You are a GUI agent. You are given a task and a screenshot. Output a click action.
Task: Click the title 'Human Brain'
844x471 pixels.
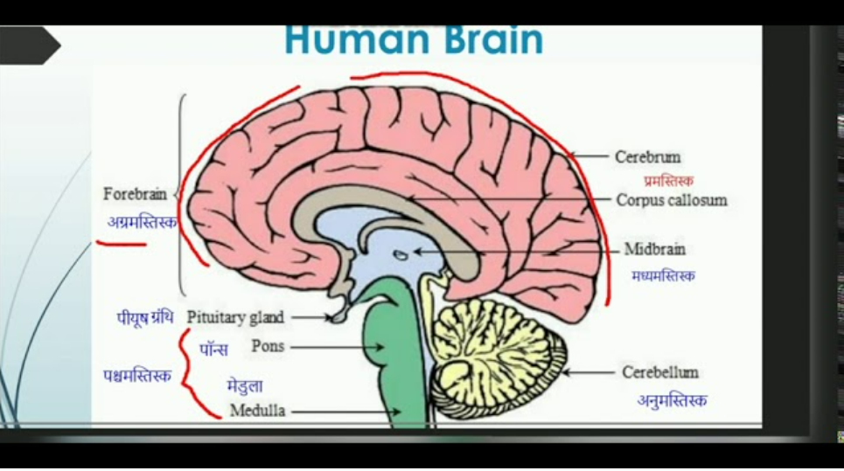coord(414,38)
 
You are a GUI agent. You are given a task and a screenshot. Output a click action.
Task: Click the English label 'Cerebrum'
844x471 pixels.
coord(647,157)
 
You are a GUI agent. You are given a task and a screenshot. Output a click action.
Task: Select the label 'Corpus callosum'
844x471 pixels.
coord(671,200)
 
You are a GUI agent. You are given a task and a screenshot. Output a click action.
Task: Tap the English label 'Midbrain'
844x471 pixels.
coord(654,250)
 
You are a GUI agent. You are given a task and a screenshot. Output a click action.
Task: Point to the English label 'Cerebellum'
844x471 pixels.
coord(660,373)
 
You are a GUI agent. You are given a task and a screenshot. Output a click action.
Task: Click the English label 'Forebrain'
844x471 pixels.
coord(135,194)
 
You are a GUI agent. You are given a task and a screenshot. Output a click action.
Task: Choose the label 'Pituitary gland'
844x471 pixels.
coord(235,317)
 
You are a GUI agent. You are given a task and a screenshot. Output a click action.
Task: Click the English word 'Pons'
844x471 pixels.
coord(268,346)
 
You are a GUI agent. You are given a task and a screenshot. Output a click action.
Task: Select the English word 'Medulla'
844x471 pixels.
coord(257,411)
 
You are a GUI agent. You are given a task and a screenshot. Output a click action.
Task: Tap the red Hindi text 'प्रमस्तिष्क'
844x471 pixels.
coord(668,181)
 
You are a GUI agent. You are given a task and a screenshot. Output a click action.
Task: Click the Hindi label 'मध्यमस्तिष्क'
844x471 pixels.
coord(663,276)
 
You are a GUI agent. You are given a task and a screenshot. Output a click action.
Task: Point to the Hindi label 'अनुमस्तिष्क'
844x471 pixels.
coord(672,401)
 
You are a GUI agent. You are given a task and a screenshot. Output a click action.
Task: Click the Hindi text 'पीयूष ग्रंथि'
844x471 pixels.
coord(145,316)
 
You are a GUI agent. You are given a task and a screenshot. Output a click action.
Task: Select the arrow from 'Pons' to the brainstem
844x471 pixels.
coord(337,347)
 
